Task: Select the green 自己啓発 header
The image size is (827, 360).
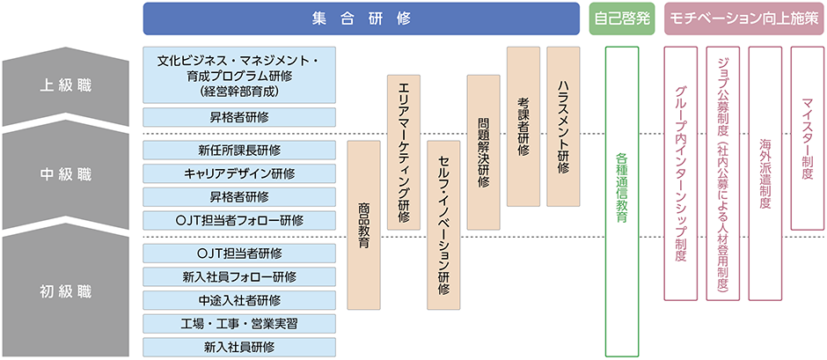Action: (621, 18)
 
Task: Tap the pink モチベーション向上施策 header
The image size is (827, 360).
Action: (743, 18)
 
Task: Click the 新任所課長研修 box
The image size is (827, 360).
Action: (239, 149)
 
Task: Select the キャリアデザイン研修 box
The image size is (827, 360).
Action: (239, 173)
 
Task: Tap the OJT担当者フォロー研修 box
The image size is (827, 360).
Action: (239, 219)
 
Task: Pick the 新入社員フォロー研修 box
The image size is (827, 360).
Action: (239, 276)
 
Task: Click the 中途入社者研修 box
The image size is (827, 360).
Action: (239, 300)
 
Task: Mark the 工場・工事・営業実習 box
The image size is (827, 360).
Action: (239, 323)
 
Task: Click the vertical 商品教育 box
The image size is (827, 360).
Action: (364, 224)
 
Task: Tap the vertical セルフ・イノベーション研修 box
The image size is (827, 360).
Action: (443, 224)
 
